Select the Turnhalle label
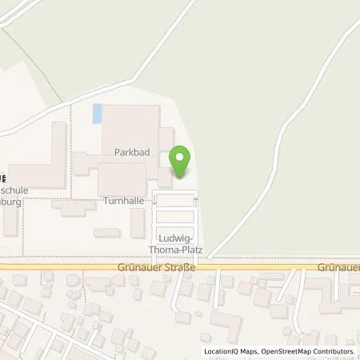coord(122,200)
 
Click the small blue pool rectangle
coord(98,114)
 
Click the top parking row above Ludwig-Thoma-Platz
coord(176,201)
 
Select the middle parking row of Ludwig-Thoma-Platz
coord(176,217)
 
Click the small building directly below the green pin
coord(164,177)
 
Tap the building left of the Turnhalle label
coord(74,206)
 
